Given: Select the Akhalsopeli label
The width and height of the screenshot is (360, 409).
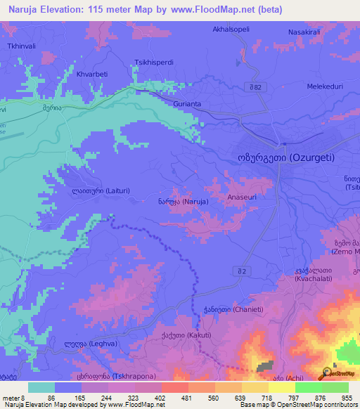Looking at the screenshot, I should pyautogui.click(x=231, y=30).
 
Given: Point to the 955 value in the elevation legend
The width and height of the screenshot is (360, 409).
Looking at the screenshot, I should pyautogui.click(x=347, y=397).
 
